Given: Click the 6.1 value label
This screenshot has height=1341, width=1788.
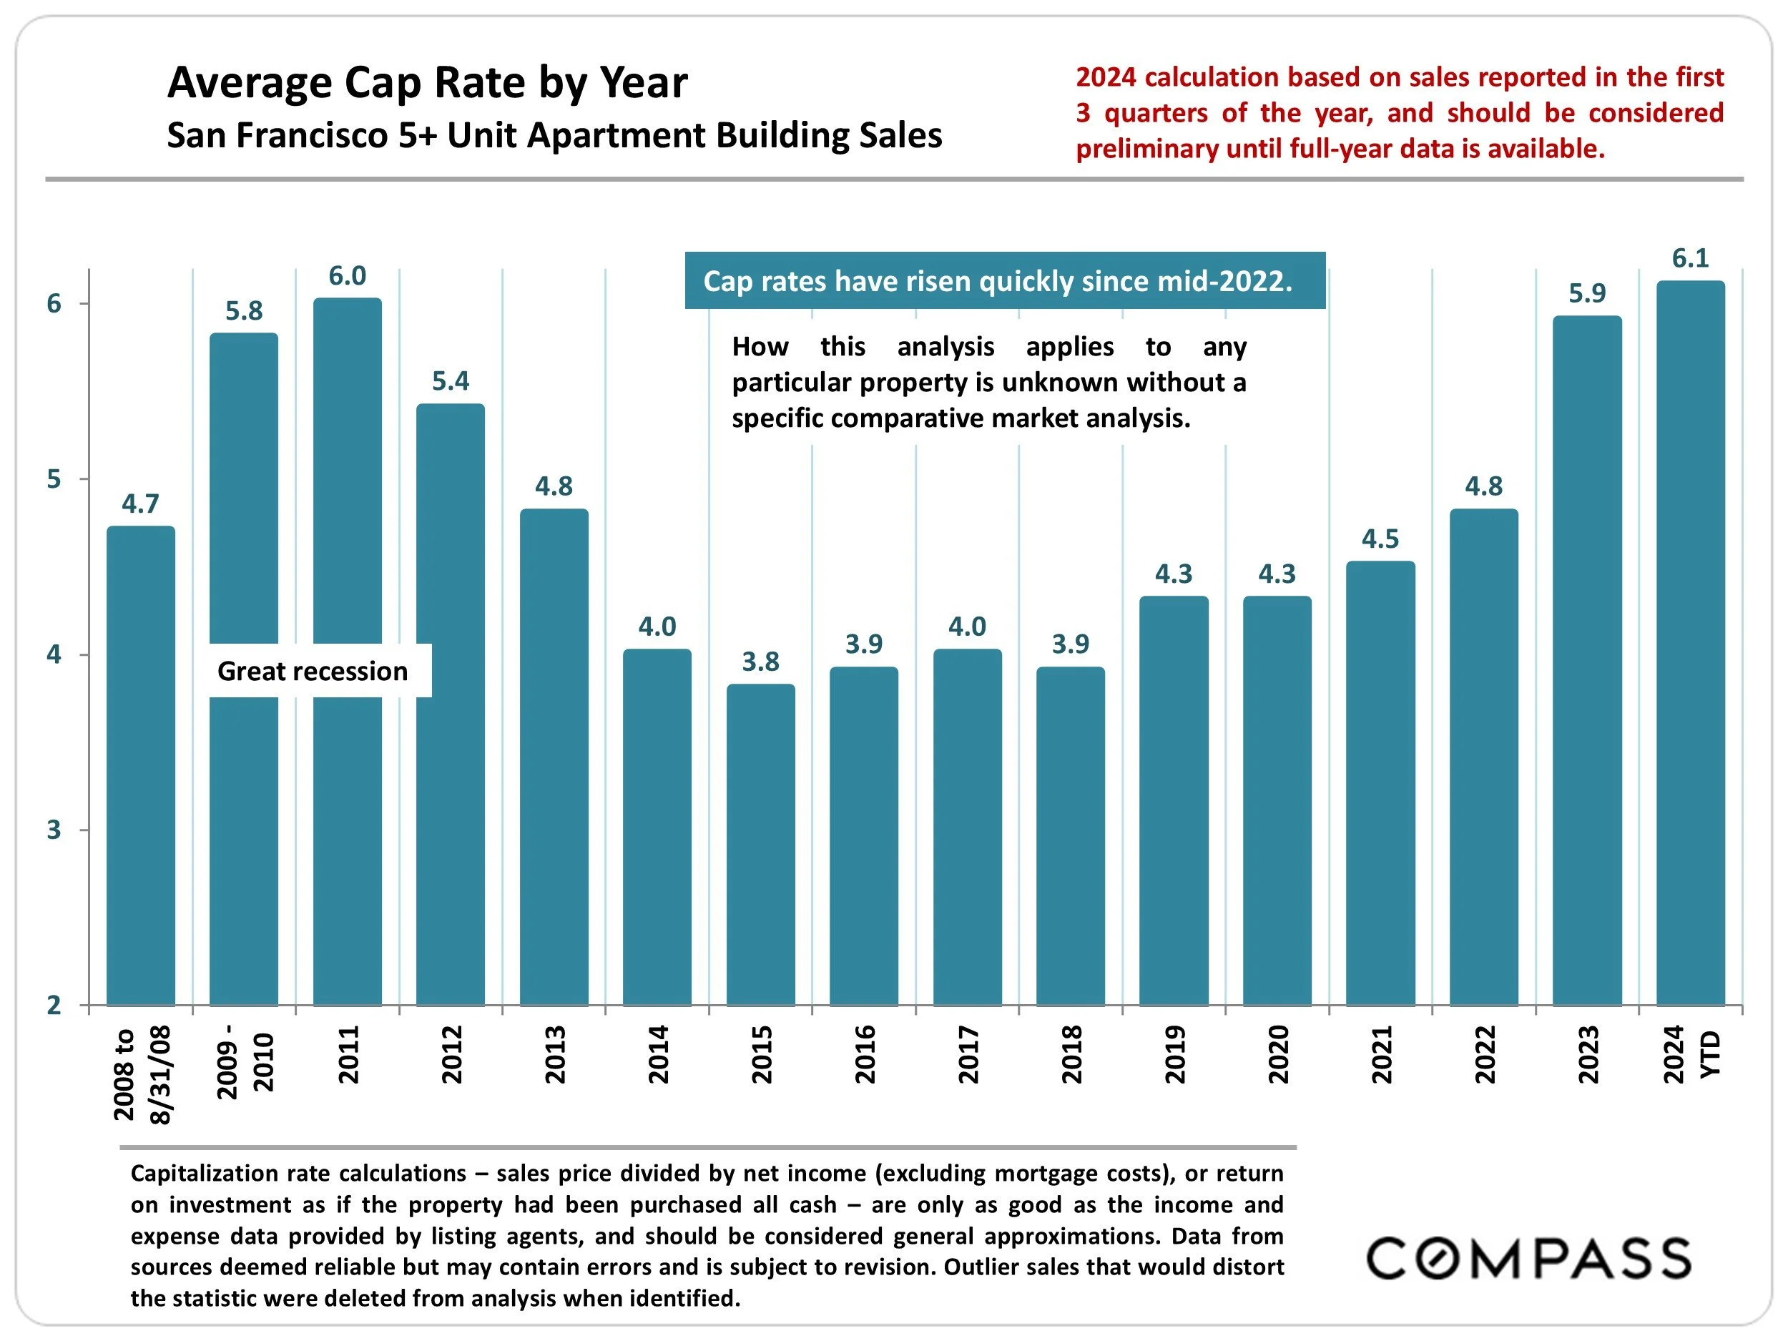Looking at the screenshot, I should tap(1690, 259).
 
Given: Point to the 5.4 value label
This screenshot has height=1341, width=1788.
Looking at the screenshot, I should tap(451, 380).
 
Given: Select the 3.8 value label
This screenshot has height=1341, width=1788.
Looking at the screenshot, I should tap(761, 662).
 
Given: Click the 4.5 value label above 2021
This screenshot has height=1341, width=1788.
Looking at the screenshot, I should tap(1380, 539).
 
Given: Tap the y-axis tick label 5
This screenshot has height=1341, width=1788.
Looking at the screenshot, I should tap(54, 479).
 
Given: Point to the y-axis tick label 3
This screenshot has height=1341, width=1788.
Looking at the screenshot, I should tap(54, 830).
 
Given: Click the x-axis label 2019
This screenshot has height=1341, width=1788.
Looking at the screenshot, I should tap(1174, 1054).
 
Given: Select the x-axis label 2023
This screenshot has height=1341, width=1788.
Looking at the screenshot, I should tap(1588, 1054).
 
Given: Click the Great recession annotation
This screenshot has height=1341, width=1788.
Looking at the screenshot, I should tap(313, 671).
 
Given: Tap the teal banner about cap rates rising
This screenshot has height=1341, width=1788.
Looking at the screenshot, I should tap(1005, 280).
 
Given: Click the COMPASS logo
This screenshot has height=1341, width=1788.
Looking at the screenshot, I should tap(1528, 1259).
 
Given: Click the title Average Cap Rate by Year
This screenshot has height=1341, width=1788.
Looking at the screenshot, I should tap(428, 82).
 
